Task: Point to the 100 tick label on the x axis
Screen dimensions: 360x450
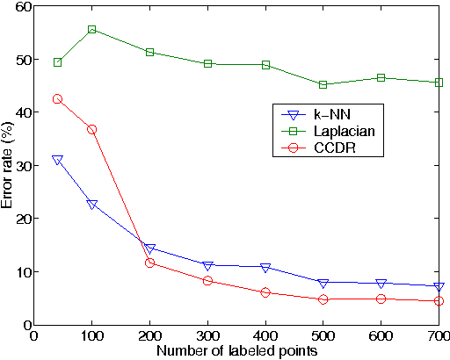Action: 91,335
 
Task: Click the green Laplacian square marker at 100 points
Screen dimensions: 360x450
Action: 91,30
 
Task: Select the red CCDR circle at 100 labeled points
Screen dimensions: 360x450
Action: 91,129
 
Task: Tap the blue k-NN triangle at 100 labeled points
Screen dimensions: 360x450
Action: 91,204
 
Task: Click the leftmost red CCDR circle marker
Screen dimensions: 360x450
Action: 57,99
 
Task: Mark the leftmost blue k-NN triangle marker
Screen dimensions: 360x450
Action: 57,160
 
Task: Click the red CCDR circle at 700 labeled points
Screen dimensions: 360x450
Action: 439,301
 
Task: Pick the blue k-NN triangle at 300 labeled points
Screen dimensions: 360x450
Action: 207,265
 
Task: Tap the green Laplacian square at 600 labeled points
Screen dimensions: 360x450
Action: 381,78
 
